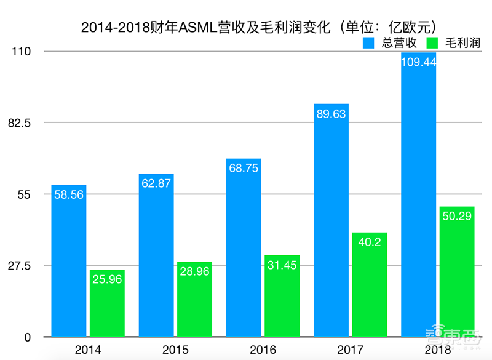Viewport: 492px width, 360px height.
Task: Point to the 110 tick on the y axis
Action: click(x=22, y=52)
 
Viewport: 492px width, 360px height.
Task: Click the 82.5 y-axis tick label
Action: click(x=19, y=123)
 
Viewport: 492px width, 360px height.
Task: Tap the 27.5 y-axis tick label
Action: click(x=19, y=266)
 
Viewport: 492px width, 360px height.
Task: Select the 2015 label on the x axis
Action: click(x=175, y=350)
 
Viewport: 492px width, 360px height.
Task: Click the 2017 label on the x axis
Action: click(x=351, y=350)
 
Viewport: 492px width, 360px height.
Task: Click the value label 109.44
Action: click(x=419, y=62)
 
